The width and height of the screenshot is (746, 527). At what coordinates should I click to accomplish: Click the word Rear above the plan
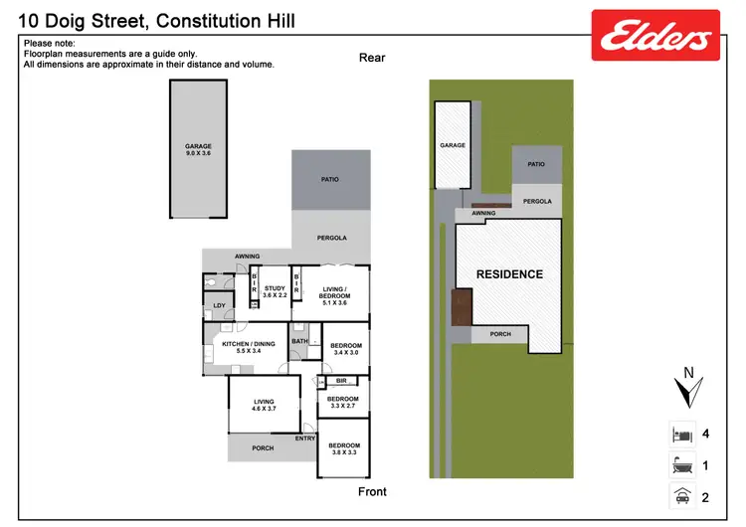372,58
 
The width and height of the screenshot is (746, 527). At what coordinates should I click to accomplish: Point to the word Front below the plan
372,492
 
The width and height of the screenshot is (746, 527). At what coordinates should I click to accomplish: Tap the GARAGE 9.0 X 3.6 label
199,149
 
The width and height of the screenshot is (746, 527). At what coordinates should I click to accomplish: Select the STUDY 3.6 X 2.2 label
275,291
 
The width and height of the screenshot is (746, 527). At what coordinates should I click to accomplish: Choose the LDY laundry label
219,306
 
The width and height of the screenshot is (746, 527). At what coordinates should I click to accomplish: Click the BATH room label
299,341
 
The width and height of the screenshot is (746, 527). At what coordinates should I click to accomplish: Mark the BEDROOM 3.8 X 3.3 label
343,448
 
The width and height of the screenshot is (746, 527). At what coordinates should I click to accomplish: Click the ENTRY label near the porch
305,439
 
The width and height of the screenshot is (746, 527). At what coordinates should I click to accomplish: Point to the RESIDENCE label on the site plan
509,274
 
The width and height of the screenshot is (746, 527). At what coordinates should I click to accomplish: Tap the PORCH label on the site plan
500,334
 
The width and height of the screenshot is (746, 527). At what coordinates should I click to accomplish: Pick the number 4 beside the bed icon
705,435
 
